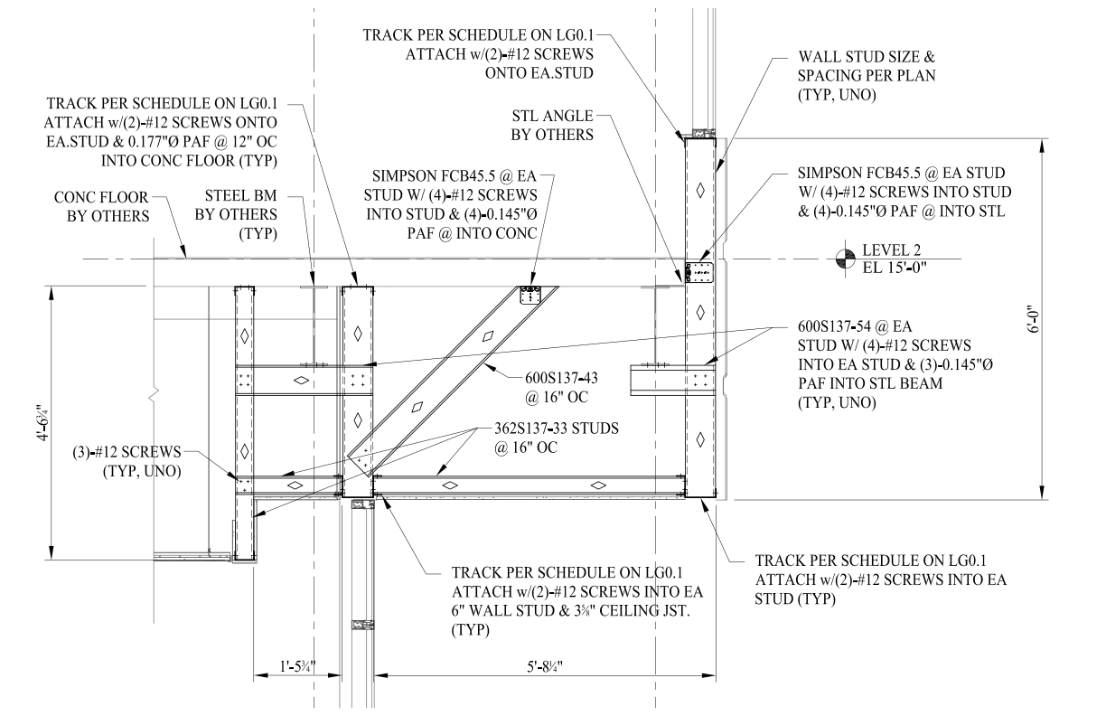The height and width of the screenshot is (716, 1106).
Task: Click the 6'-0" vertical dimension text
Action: point(1035,321)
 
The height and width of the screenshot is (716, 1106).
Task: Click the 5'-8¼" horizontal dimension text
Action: point(545,667)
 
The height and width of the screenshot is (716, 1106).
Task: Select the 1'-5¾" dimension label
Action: point(297,667)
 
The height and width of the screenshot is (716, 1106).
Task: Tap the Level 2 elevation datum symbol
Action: point(845,259)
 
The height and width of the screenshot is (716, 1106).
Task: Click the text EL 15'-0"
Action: point(895,268)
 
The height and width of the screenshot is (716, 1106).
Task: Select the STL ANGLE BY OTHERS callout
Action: point(552,125)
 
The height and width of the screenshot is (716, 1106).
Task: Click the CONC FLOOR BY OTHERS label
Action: point(101,206)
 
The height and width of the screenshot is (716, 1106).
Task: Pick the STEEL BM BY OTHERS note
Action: point(236,214)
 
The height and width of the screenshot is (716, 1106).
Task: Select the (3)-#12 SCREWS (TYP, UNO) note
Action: point(127,461)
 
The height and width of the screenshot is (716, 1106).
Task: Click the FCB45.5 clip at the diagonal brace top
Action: point(531,295)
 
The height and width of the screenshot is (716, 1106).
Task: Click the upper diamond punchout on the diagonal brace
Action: point(488,336)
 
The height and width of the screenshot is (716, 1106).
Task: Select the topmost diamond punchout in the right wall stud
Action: point(700,190)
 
